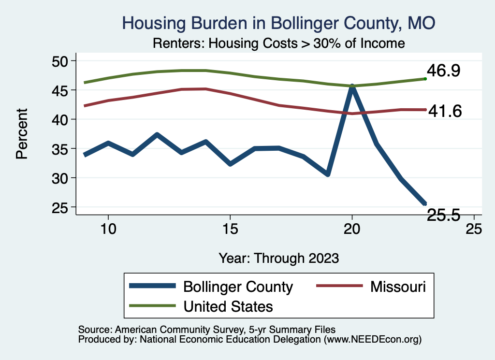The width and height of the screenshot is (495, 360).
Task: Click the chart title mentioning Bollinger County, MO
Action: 279,23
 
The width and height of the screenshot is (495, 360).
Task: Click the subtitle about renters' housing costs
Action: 278,43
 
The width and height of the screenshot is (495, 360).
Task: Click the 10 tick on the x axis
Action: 108,229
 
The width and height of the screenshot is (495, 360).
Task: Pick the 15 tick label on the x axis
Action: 230,229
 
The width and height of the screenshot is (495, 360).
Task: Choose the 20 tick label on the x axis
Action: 352,229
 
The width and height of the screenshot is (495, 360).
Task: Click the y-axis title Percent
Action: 22,134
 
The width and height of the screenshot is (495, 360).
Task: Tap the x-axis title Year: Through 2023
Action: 278,258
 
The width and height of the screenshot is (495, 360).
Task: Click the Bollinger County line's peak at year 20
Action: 352,87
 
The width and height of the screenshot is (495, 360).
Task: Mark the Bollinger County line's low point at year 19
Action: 328,173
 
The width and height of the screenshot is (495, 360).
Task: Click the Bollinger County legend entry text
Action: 238,287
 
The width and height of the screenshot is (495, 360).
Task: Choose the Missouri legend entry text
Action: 398,287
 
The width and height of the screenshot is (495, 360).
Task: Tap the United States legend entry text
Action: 228,306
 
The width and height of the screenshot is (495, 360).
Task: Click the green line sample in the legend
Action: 152,306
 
